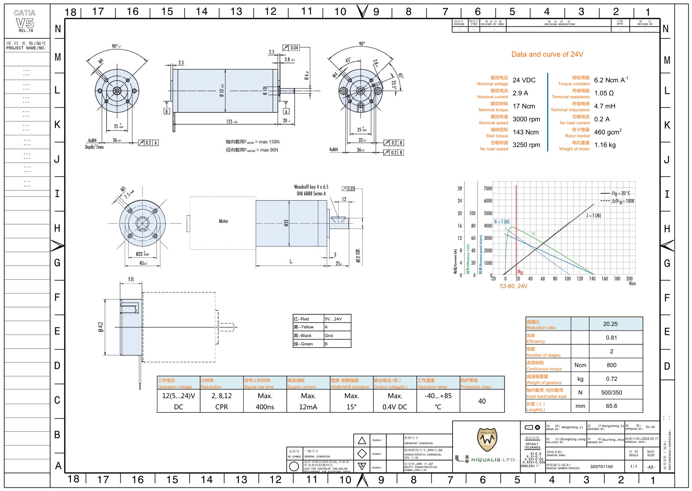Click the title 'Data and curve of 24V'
click(547, 55)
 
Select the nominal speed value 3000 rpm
click(526, 119)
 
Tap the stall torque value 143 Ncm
click(526, 132)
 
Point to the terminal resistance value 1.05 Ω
click(604, 93)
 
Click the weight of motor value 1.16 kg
click(605, 145)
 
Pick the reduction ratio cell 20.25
click(610, 324)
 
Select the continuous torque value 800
click(611, 365)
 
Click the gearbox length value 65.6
click(611, 406)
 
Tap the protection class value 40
click(482, 401)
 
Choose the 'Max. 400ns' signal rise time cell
click(265, 401)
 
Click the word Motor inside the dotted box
click(223, 221)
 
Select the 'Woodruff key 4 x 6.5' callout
click(311, 187)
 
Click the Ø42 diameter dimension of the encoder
click(100, 327)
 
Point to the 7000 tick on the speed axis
click(488, 189)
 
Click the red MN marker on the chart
click(520, 272)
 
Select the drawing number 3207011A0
click(601, 467)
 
